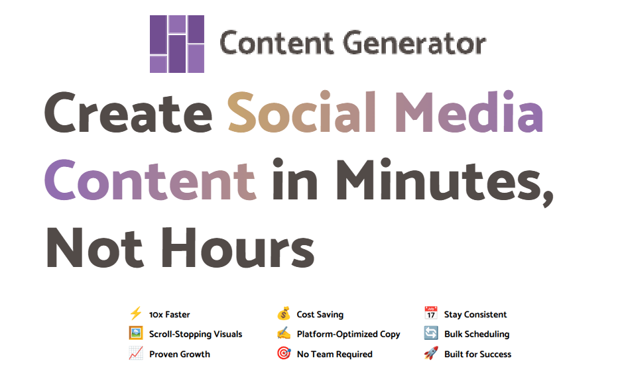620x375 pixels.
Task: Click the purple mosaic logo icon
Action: [x=177, y=44]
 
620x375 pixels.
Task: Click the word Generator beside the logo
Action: [x=414, y=42]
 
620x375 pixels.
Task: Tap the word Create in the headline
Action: [x=128, y=113]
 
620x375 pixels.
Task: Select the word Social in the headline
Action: [x=302, y=111]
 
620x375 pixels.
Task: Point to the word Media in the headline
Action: [x=469, y=111]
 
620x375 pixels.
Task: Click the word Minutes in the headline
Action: [x=444, y=180]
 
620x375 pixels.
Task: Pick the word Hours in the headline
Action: [x=237, y=247]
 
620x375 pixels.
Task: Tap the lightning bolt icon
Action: [x=136, y=314]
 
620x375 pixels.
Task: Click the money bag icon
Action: [x=284, y=314]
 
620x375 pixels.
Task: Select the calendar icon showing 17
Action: [x=430, y=313]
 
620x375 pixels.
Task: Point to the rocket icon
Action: [x=430, y=353]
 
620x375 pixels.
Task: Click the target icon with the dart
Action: [x=284, y=353]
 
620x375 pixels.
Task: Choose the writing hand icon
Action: [x=284, y=333]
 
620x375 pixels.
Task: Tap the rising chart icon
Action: [x=136, y=353]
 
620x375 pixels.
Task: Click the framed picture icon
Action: [x=136, y=333]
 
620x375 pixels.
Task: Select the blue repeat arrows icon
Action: [x=430, y=333]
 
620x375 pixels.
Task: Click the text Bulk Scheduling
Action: [x=477, y=335]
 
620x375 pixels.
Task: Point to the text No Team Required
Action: [x=334, y=354]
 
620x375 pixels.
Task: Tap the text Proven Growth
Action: [x=180, y=354]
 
